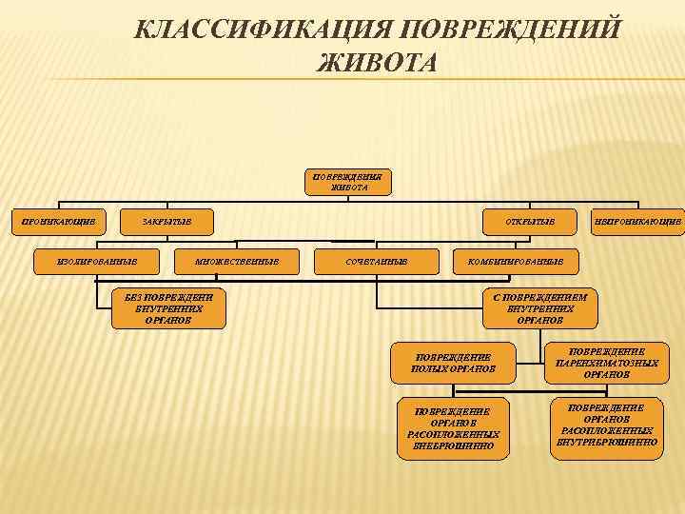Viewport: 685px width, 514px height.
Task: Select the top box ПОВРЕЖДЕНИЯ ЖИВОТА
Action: (x=348, y=182)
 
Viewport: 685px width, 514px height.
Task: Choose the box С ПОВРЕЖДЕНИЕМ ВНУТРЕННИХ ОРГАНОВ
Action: (x=540, y=308)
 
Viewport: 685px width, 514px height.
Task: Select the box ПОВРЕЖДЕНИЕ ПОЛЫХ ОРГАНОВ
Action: (x=453, y=362)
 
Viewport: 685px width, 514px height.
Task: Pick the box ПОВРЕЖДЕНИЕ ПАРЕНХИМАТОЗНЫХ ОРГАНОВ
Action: (x=606, y=362)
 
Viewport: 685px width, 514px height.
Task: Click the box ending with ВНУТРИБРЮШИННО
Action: (x=606, y=425)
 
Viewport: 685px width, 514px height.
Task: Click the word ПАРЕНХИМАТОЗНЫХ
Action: (x=606, y=363)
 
